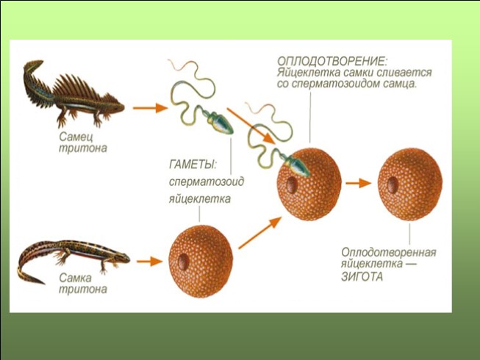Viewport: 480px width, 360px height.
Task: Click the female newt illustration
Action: (74, 258)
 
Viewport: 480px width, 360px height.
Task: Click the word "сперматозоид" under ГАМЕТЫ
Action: (204, 181)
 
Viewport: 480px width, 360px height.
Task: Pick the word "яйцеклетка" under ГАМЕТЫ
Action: (199, 198)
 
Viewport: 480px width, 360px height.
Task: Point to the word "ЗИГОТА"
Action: (363, 277)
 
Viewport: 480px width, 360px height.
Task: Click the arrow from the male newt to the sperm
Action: (147, 107)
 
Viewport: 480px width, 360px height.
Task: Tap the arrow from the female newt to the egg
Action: (148, 260)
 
